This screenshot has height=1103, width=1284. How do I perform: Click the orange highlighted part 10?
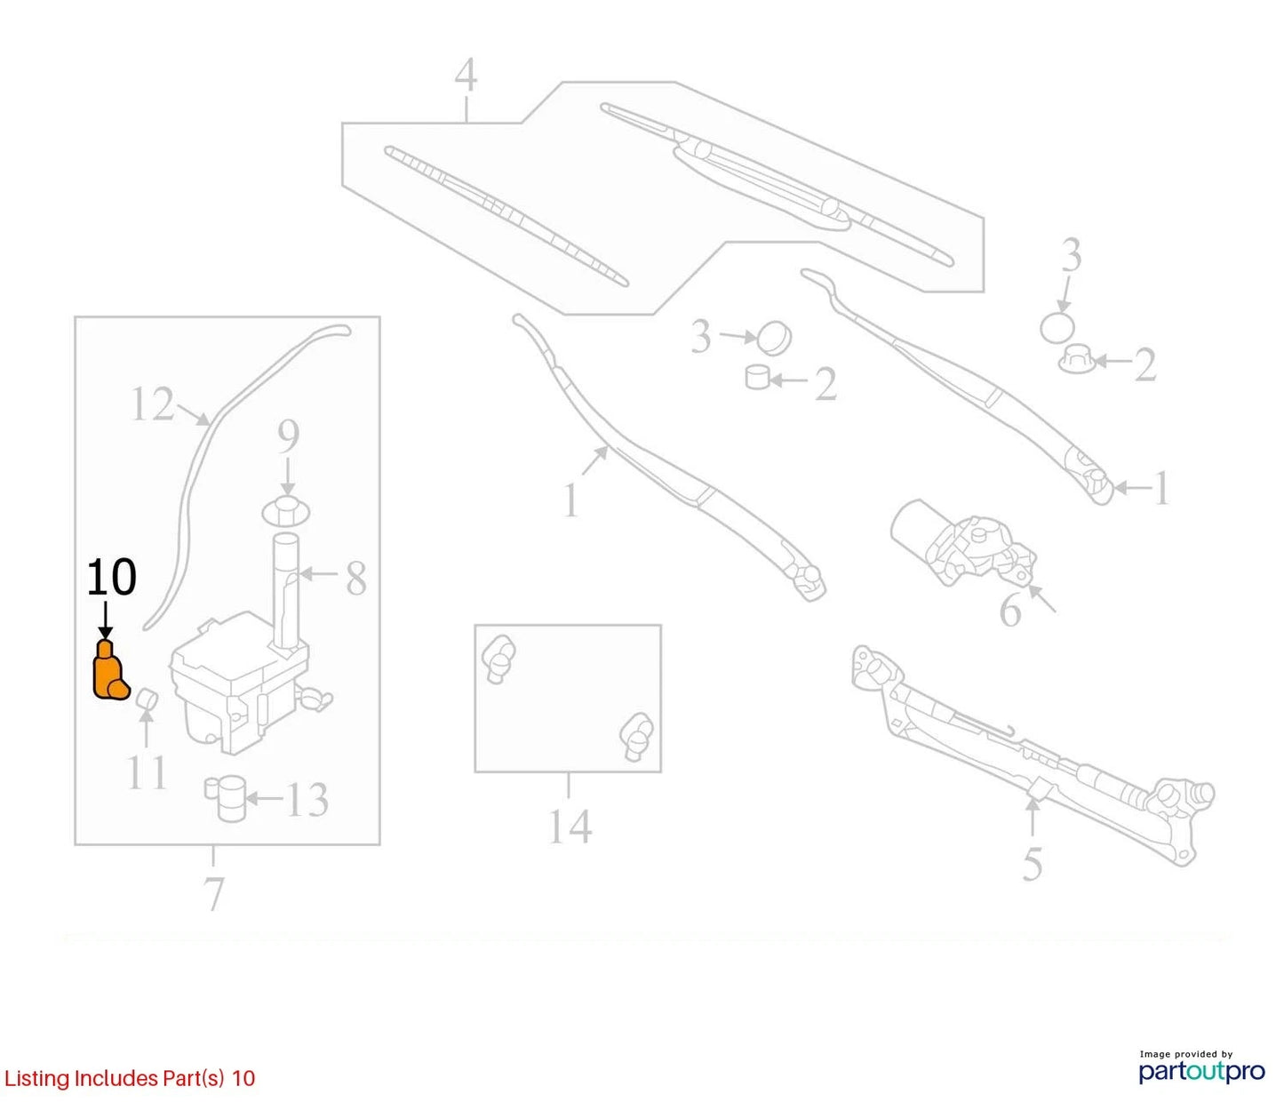tap(110, 673)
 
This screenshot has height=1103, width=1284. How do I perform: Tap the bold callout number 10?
tap(111, 577)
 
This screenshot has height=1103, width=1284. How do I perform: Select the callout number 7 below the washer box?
tap(213, 893)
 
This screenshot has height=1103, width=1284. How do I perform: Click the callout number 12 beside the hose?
tap(152, 404)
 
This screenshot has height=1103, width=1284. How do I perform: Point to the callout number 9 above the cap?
tap(288, 437)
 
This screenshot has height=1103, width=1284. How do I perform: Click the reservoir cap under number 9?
tap(286, 511)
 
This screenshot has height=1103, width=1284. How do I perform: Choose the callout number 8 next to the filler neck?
tap(355, 579)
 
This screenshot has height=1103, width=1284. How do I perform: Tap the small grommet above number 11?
tap(148, 699)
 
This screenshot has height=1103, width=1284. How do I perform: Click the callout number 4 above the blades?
tap(466, 76)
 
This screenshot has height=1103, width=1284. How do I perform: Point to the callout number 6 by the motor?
tap(1010, 610)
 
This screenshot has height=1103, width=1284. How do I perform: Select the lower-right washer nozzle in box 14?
tap(637, 736)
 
